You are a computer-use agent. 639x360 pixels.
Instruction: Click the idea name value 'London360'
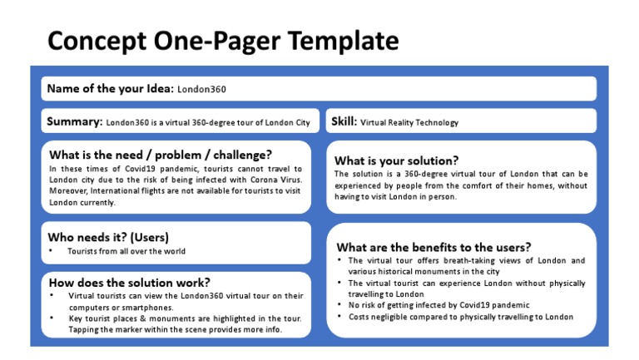[202, 89]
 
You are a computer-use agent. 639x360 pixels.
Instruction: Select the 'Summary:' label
[75, 121]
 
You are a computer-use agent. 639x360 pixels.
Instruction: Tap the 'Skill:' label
[344, 121]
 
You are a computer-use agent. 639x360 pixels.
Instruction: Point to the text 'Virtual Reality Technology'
[409, 122]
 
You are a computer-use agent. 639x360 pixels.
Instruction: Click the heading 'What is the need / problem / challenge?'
[161, 155]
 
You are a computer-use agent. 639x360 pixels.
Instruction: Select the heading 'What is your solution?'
[396, 160]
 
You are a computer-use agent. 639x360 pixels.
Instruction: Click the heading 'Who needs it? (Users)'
[109, 235]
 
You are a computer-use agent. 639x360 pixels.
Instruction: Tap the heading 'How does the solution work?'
[129, 282]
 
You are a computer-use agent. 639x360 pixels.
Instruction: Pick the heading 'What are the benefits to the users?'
[433, 247]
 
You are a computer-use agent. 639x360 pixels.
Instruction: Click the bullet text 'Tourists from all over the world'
[126, 251]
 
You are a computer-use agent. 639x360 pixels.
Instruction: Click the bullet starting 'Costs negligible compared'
[461, 317]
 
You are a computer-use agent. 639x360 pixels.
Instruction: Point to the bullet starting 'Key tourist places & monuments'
[185, 318]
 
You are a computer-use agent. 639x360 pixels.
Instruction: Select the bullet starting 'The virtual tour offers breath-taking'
[466, 260]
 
